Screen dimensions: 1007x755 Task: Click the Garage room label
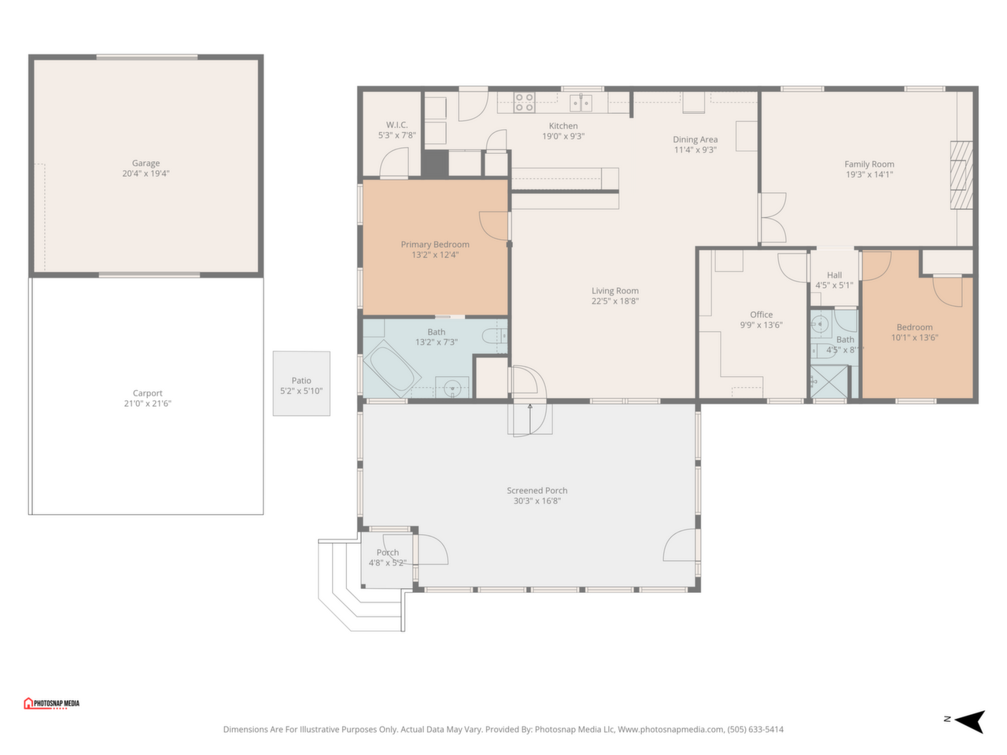tap(146, 164)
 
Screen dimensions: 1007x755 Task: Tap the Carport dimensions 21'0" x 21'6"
tap(147, 403)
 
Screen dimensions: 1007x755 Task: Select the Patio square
tap(301, 384)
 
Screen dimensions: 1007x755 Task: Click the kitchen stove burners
tap(524, 102)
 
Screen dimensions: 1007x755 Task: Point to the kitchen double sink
tap(581, 103)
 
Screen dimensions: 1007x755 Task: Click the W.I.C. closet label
tap(397, 125)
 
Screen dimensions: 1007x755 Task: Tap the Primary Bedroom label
tap(435, 245)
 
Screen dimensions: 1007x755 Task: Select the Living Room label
tap(614, 291)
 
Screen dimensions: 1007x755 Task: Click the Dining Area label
tap(695, 139)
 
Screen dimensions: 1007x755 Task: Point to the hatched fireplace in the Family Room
tap(961, 175)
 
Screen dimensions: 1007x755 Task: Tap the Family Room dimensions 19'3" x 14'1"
tap(869, 174)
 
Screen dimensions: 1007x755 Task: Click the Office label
tap(761, 315)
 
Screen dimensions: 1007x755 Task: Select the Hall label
tap(834, 275)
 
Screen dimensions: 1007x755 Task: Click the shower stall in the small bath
tap(828, 381)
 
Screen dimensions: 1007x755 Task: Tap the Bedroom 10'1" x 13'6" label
tap(914, 333)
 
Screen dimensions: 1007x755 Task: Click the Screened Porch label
tap(537, 491)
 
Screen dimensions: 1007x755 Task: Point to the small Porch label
tap(388, 552)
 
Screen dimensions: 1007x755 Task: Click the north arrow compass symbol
tap(969, 721)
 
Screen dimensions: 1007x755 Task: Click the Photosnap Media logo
tap(51, 703)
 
